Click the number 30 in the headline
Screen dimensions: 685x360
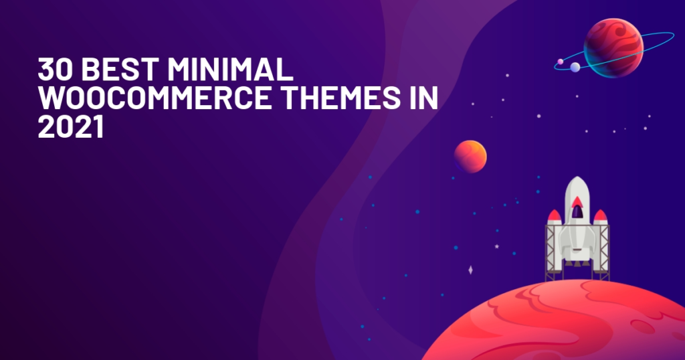pos(55,69)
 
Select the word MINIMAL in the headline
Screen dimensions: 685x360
pos(230,69)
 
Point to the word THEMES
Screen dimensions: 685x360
pos(341,98)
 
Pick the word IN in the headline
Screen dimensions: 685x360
pos(423,98)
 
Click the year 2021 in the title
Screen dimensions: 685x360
pos(71,126)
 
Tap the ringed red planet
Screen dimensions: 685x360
pos(613,48)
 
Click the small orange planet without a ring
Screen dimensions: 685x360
pos(470,157)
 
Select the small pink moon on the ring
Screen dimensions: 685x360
pos(561,62)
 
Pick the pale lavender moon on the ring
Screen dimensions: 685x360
pos(575,67)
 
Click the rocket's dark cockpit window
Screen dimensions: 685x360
pos(577,211)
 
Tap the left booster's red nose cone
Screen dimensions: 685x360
pos(555,215)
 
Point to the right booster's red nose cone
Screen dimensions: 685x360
pos(600,215)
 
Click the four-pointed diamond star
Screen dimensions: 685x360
pos(470,270)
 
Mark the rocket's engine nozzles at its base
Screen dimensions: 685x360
pos(577,264)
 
